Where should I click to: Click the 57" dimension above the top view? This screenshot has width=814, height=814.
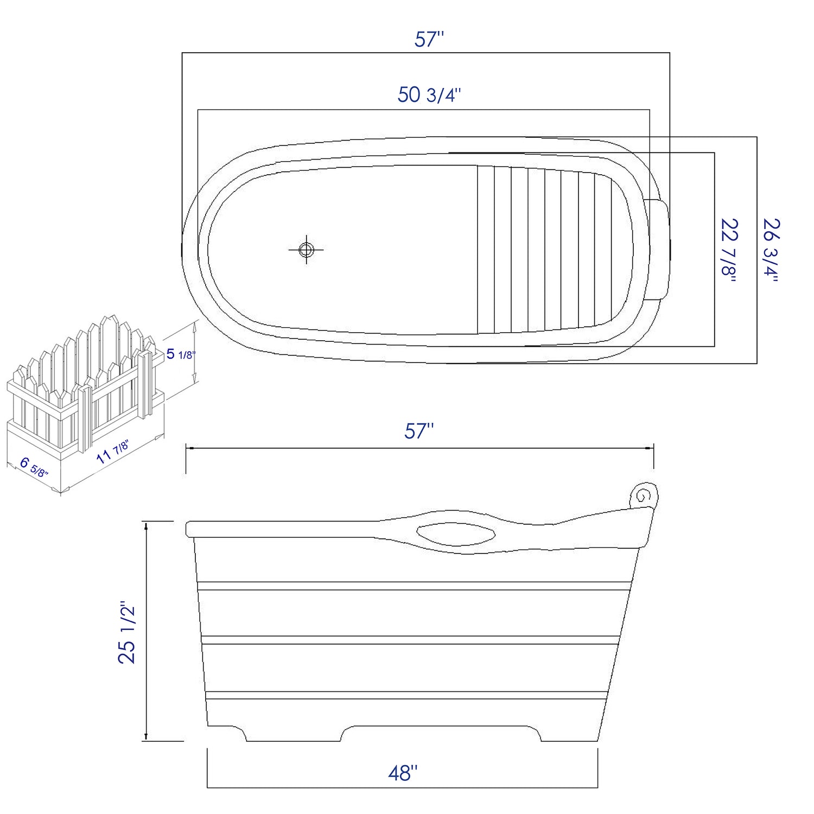[429, 40]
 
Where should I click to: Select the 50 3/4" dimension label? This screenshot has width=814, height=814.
[429, 95]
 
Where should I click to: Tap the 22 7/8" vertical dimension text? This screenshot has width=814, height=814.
[728, 250]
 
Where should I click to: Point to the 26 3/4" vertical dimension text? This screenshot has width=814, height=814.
[771, 250]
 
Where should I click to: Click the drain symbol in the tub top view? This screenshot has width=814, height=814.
[307, 250]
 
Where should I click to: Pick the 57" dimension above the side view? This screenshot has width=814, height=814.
[419, 431]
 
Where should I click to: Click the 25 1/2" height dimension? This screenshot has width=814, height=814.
[128, 632]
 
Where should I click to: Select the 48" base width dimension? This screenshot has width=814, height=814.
[403, 773]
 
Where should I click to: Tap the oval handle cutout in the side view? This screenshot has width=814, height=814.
[456, 533]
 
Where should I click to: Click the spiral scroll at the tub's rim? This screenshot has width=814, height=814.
[644, 495]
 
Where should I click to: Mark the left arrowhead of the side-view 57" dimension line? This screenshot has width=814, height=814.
[189, 448]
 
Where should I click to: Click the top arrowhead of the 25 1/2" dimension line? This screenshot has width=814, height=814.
[145, 525]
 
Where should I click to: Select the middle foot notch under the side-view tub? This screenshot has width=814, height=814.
[441, 733]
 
